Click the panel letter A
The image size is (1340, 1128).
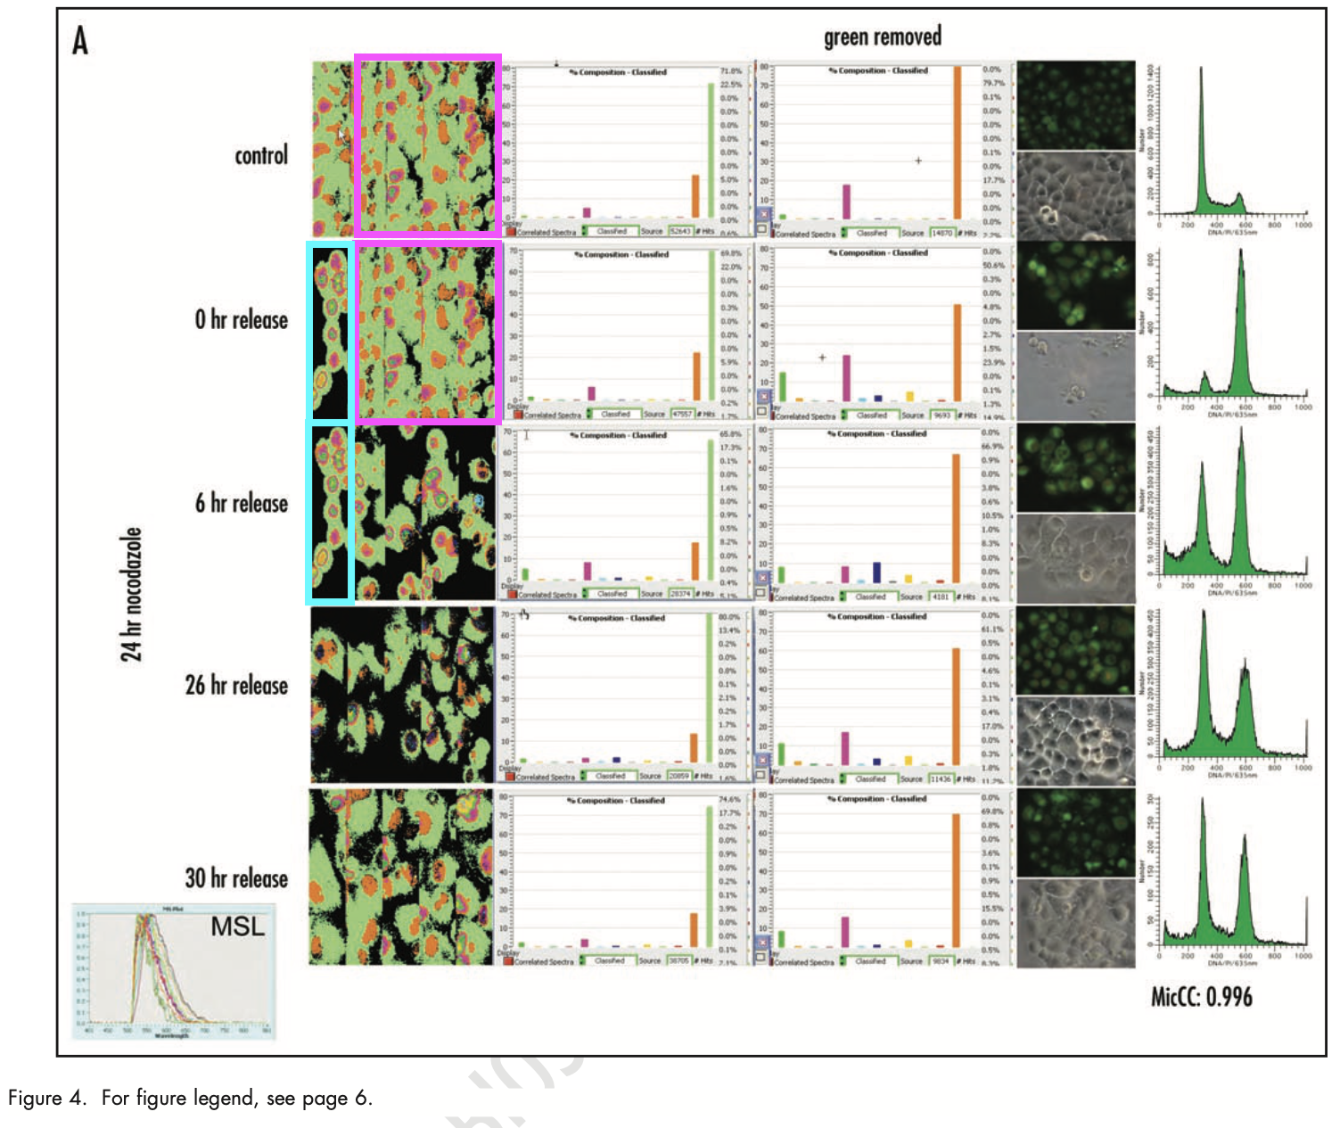pos(80,40)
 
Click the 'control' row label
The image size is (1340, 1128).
pos(261,155)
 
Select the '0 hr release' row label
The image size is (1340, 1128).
pos(242,319)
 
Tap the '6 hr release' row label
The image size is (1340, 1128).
pos(242,503)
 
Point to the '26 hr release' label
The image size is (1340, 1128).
pos(236,685)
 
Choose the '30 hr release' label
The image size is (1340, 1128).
pos(236,878)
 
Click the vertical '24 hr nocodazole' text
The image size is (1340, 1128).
pos(132,594)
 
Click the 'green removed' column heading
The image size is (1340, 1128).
pos(882,37)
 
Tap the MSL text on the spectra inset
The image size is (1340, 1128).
pos(237,927)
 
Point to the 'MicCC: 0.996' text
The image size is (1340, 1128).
pos(1201,996)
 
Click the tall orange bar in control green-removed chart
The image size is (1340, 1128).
pos(958,143)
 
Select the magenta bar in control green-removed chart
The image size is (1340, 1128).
pos(846,202)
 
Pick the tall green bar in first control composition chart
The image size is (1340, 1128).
pos(711,150)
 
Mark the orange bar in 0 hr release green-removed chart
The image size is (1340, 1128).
pos(958,353)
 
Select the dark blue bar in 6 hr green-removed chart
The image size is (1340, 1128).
pos(877,572)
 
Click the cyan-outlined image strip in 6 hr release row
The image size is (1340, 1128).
pos(330,513)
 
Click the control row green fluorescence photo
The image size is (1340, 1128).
pos(1076,105)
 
